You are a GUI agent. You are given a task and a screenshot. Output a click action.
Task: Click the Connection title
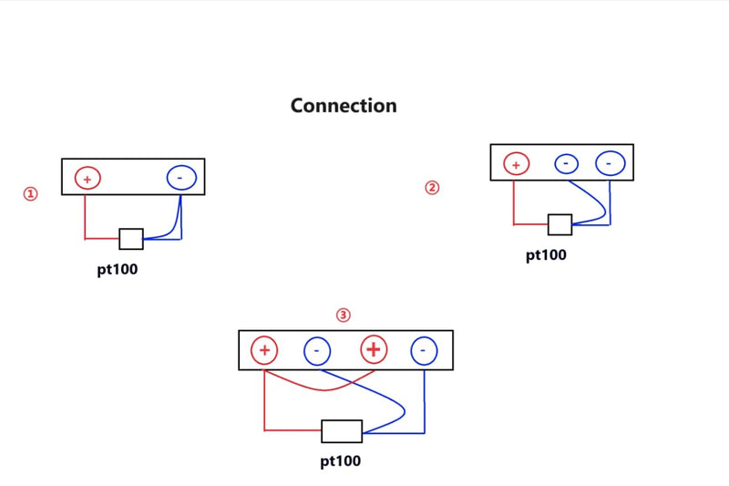(x=344, y=106)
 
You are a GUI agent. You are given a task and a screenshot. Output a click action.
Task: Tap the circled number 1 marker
(x=31, y=193)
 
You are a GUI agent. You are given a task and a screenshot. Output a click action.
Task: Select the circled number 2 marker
(x=432, y=188)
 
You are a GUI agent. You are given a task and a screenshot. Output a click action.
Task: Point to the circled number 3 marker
(x=344, y=315)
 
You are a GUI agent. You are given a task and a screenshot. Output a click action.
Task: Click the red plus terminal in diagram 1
(x=87, y=178)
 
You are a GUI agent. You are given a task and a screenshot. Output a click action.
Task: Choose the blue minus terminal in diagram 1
(x=181, y=178)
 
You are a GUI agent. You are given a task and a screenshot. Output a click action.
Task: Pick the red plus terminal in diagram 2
(x=516, y=164)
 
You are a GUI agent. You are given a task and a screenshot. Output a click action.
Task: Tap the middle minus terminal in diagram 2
(x=566, y=164)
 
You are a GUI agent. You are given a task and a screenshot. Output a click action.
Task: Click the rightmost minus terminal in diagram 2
(x=610, y=163)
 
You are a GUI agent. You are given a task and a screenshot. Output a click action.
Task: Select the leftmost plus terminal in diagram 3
(x=264, y=350)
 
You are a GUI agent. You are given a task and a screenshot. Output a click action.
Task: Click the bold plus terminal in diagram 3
(x=374, y=349)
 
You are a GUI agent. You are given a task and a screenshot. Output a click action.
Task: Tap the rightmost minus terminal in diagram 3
(x=424, y=350)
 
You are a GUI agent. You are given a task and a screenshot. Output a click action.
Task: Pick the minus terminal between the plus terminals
(x=317, y=351)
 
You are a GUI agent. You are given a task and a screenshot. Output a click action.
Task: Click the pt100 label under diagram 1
(x=118, y=270)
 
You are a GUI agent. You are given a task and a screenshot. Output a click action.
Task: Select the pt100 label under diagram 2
(x=546, y=255)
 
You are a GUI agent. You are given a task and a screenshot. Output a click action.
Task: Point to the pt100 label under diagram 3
(x=340, y=461)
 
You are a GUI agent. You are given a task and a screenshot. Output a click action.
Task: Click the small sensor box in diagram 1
(x=131, y=239)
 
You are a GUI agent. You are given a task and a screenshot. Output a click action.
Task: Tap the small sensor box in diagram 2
(x=560, y=224)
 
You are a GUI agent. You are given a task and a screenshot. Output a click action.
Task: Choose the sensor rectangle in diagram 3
(x=342, y=431)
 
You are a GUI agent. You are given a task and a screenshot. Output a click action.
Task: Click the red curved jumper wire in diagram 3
(x=323, y=389)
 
